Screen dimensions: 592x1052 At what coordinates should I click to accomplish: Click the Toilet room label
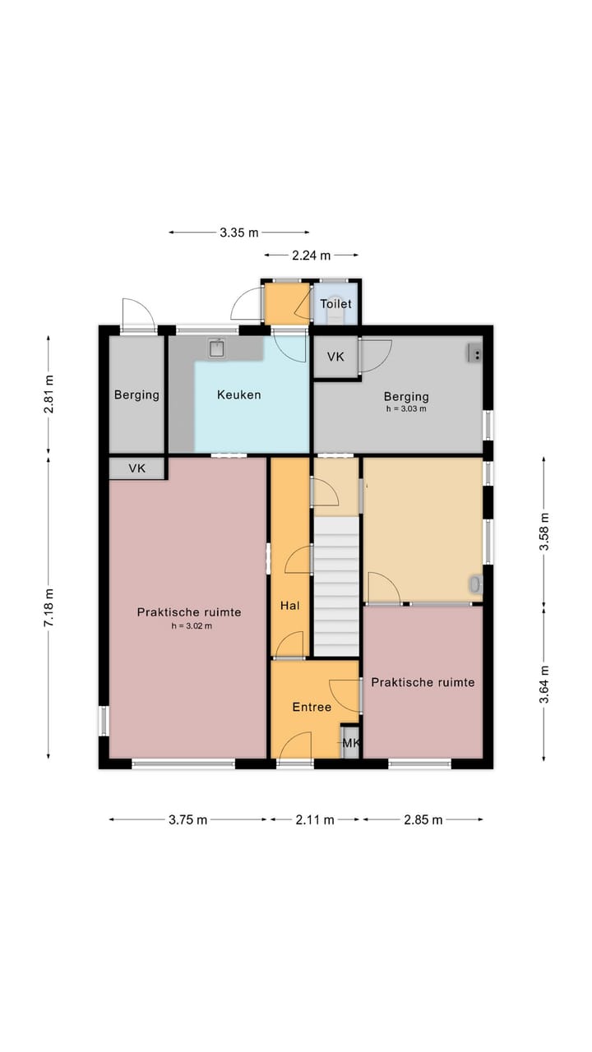pyautogui.click(x=335, y=304)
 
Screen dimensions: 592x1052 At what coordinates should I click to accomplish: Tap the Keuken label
pyautogui.click(x=238, y=394)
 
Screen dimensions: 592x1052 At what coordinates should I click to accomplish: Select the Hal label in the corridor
pyautogui.click(x=290, y=606)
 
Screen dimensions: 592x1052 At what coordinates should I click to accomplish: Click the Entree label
pyautogui.click(x=312, y=707)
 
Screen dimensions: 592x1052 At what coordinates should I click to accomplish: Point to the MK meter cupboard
pyautogui.click(x=350, y=742)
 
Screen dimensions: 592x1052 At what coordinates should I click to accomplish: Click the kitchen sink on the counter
pyautogui.click(x=216, y=348)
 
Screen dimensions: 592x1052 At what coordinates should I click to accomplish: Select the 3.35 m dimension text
pyautogui.click(x=239, y=233)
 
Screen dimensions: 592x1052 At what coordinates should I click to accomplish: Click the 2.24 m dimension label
pyautogui.click(x=311, y=256)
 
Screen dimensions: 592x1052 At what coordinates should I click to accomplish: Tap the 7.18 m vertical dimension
pyautogui.click(x=49, y=607)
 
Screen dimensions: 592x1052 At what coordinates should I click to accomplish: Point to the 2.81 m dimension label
pyautogui.click(x=49, y=394)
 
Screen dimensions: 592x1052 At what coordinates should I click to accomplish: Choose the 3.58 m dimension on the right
pyautogui.click(x=544, y=531)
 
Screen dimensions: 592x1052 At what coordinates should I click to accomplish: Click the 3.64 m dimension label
pyautogui.click(x=544, y=685)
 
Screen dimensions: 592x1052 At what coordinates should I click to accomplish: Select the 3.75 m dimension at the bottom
pyautogui.click(x=188, y=819)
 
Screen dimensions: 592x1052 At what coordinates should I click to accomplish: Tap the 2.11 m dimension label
pyautogui.click(x=315, y=819)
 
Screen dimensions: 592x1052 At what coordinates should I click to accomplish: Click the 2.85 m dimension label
pyautogui.click(x=423, y=819)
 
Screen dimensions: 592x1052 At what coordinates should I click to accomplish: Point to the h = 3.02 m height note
pyautogui.click(x=192, y=625)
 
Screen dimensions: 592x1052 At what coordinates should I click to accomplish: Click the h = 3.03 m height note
pyautogui.click(x=406, y=408)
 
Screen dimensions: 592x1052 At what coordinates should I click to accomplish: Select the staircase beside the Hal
pyautogui.click(x=336, y=586)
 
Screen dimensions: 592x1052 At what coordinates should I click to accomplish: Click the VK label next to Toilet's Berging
pyautogui.click(x=335, y=357)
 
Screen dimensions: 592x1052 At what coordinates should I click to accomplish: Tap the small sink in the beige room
pyautogui.click(x=475, y=584)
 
